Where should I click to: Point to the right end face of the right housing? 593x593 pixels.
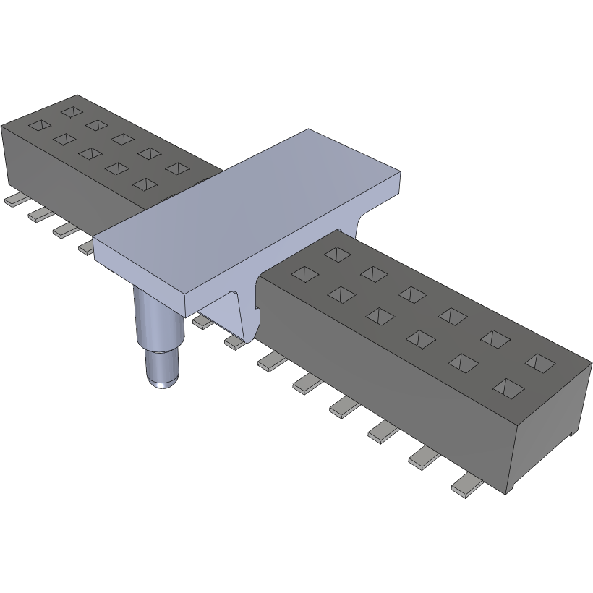click(550, 434)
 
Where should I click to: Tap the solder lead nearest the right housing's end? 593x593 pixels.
click(466, 487)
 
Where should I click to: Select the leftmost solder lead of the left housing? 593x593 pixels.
click(14, 200)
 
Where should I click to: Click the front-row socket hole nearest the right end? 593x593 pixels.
click(508, 388)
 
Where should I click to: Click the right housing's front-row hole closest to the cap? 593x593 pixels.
click(304, 274)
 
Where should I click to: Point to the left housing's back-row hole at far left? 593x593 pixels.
click(72, 111)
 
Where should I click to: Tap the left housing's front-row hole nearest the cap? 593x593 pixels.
click(145, 184)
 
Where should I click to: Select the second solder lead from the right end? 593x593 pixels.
click(425, 458)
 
